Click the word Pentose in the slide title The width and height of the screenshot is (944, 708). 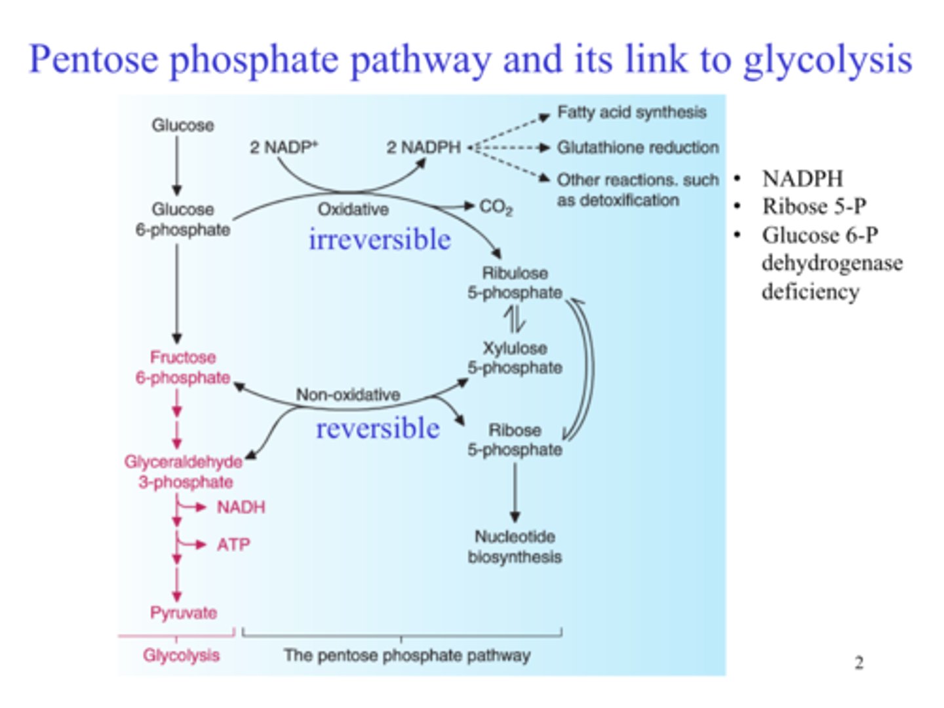pyautogui.click(x=94, y=60)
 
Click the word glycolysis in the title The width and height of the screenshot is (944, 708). pyautogui.click(x=827, y=60)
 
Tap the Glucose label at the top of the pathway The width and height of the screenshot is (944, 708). pyautogui.click(x=183, y=125)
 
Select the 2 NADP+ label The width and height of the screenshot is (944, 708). pyautogui.click(x=283, y=147)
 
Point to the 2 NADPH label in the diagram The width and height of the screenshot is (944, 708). pyautogui.click(x=423, y=147)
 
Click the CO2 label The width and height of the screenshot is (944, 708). pyautogui.click(x=496, y=207)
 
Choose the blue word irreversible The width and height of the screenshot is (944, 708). pyautogui.click(x=380, y=240)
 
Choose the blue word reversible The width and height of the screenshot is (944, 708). pyautogui.click(x=378, y=429)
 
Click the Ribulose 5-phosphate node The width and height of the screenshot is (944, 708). pyautogui.click(x=515, y=283)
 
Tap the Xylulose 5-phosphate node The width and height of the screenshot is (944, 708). pyautogui.click(x=515, y=358)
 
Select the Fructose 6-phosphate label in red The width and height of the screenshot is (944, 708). pyautogui.click(x=183, y=368)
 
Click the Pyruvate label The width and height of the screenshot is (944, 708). pyautogui.click(x=184, y=613)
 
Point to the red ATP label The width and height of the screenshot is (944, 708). pyautogui.click(x=233, y=545)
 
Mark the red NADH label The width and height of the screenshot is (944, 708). pyautogui.click(x=241, y=507)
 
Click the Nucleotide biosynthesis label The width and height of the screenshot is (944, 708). pyautogui.click(x=515, y=547)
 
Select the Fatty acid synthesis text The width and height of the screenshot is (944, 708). pyautogui.click(x=631, y=113)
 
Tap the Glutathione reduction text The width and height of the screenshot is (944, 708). pyautogui.click(x=637, y=147)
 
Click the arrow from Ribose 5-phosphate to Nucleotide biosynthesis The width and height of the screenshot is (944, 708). pyautogui.click(x=515, y=492)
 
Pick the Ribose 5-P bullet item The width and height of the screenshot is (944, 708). pyautogui.click(x=814, y=206)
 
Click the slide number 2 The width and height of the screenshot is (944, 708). pyautogui.click(x=859, y=663)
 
